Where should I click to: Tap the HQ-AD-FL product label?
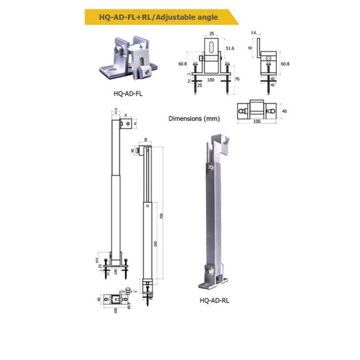coord(128,94)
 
